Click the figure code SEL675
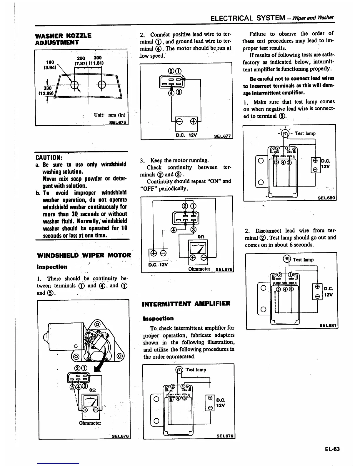(x=118, y=122)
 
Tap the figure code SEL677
(x=223, y=136)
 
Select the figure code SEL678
(x=224, y=269)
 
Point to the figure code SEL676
(x=120, y=436)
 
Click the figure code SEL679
(x=225, y=436)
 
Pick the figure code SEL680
(x=326, y=198)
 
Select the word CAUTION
(x=48, y=157)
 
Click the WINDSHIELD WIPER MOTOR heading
(x=84, y=255)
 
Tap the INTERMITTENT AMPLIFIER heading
(x=186, y=304)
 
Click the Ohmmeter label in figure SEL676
(x=90, y=423)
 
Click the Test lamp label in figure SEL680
(x=305, y=134)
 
